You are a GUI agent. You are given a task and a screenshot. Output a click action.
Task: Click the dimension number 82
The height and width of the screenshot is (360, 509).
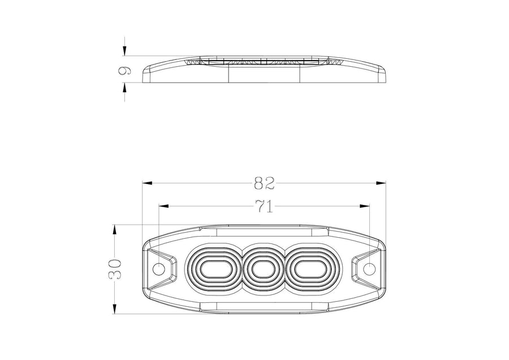264,183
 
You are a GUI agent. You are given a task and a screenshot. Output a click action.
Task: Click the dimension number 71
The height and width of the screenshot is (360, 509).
264,206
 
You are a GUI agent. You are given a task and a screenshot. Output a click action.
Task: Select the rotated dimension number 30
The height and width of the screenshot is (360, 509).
114,269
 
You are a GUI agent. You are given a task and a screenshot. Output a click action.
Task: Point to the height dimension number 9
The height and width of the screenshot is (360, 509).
124,70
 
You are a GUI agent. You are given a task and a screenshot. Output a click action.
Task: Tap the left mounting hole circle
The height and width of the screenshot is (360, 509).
159,269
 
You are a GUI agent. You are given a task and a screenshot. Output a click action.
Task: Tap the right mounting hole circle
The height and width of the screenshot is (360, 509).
369,269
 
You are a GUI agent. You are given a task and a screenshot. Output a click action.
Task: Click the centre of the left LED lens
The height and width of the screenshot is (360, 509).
214,269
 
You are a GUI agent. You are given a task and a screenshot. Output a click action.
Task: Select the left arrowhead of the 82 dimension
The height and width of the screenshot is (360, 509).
147,183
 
